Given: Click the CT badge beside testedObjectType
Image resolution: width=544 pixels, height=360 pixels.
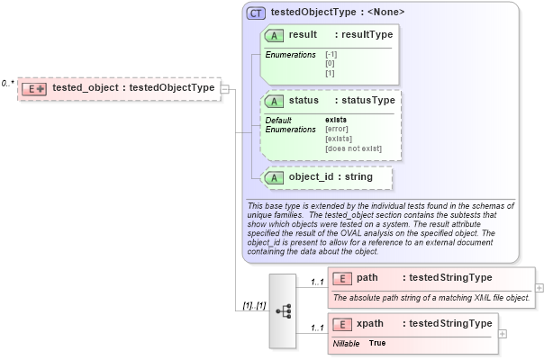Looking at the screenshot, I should (x=256, y=13).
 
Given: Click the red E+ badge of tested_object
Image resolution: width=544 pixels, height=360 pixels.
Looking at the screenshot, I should (x=34, y=88).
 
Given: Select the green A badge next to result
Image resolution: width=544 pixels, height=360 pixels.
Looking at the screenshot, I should (x=275, y=34).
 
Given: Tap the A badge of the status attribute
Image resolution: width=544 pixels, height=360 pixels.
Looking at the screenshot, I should (x=275, y=101).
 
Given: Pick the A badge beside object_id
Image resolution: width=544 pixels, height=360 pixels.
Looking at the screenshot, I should (x=275, y=177).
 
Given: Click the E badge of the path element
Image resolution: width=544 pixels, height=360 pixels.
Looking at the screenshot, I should (x=342, y=278).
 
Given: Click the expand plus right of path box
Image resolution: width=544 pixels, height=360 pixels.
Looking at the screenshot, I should (x=539, y=287).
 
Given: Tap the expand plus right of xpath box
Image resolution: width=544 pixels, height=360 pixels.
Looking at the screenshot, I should (x=503, y=334).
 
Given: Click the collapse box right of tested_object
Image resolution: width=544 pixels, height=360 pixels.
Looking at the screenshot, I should (x=226, y=88).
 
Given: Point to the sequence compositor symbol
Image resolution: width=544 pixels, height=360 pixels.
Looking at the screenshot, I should (x=282, y=310).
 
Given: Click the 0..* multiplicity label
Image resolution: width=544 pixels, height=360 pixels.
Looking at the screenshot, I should (x=8, y=84).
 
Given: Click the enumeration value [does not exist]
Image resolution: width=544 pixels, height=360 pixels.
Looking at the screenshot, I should (x=353, y=148).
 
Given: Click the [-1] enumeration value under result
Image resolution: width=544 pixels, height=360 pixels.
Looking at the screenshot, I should (x=331, y=53).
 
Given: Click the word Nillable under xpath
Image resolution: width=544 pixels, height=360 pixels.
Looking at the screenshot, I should (x=346, y=344).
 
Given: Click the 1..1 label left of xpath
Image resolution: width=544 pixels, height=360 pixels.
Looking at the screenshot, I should (x=317, y=328).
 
